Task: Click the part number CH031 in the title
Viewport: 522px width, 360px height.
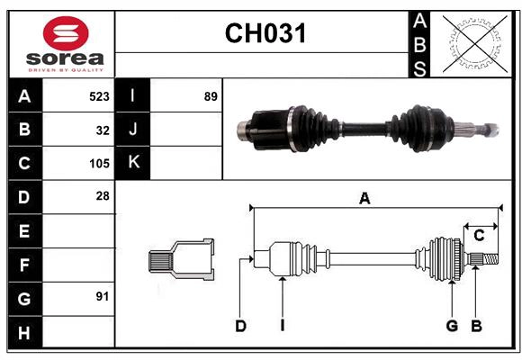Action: point(265,34)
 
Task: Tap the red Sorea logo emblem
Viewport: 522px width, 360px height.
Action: point(66,34)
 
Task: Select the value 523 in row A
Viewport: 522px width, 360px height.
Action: point(99,95)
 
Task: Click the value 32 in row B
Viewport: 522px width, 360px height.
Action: point(103,130)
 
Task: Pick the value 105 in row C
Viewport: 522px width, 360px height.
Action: point(99,164)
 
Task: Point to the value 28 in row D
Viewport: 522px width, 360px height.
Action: point(103,196)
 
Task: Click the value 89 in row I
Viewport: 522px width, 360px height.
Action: point(211,95)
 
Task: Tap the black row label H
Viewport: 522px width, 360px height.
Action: point(24,333)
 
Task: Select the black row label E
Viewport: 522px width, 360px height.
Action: point(24,231)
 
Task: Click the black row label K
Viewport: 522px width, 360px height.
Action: point(133,163)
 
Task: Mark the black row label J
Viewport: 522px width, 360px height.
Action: point(133,130)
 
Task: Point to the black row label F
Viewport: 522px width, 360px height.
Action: point(24,265)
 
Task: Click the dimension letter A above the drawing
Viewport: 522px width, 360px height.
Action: point(364,199)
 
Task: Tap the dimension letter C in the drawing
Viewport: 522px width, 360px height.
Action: point(480,236)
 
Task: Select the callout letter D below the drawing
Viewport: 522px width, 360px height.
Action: point(240,326)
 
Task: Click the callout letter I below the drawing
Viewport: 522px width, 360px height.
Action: point(282,326)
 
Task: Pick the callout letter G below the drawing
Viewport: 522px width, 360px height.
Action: point(452,326)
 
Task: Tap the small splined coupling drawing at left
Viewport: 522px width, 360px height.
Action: point(181,260)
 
